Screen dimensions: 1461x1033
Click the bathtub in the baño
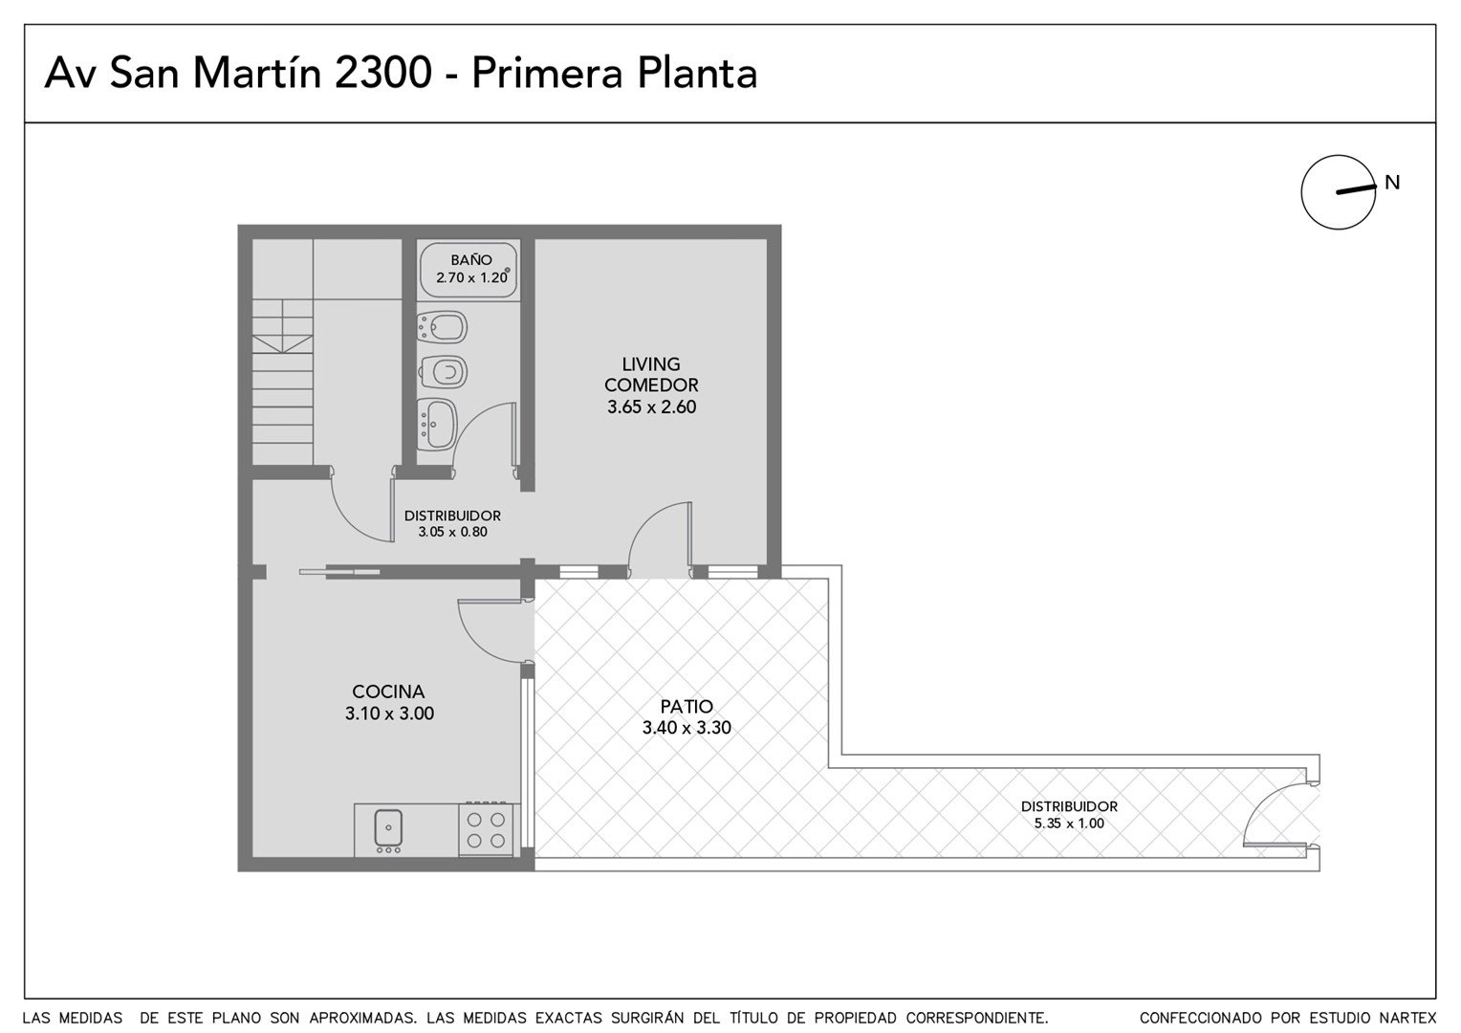pyautogui.click(x=469, y=270)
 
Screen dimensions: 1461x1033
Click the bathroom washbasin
pyautogui.click(x=437, y=424)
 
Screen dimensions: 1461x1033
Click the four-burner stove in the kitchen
pyautogui.click(x=486, y=828)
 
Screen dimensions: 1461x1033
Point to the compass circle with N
pyautogui.click(x=1339, y=192)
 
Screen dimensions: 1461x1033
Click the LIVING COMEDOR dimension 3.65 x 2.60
pyautogui.click(x=651, y=407)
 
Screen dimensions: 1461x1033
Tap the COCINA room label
pyautogui.click(x=388, y=692)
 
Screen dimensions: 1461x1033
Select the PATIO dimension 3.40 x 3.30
pyautogui.click(x=687, y=727)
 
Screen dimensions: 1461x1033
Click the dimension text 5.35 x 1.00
pyautogui.click(x=1069, y=823)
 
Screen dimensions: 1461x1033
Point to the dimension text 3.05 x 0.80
pyautogui.click(x=452, y=532)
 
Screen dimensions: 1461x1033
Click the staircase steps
pyautogui.click(x=282, y=383)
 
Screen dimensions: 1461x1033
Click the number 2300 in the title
pyautogui.click(x=382, y=73)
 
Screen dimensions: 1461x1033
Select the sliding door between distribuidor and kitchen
pyautogui.click(x=339, y=572)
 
